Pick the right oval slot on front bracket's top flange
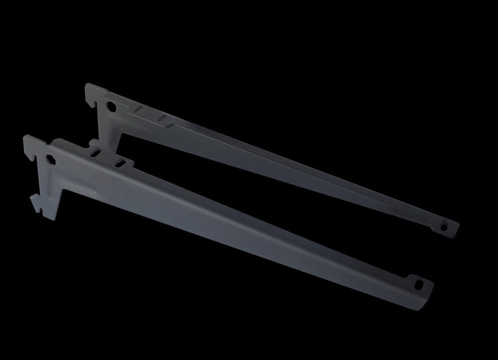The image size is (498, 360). click(x=119, y=163)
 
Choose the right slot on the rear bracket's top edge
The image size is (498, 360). click(x=162, y=119)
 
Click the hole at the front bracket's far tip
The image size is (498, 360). click(x=419, y=284)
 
